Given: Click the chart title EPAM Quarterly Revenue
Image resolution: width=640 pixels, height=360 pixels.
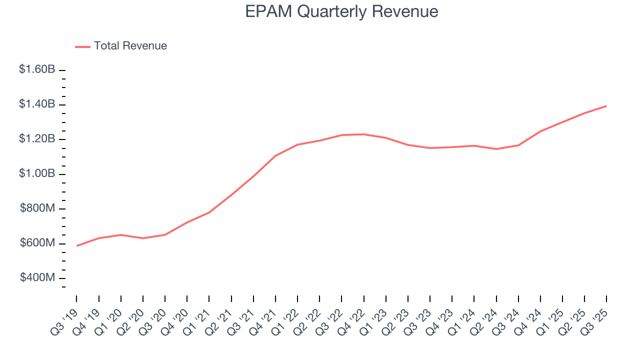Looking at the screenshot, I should pos(341,11).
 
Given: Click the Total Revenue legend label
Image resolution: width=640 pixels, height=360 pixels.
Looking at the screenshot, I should pos(130,46).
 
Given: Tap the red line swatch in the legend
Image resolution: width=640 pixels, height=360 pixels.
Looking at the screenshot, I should pos(82,46).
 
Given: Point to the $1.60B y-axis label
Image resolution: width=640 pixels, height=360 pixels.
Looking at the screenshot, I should pos(37,69).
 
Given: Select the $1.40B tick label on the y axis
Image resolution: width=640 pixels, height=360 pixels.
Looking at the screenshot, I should pos(37,104).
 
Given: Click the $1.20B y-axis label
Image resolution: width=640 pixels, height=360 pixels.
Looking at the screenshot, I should pos(37,139).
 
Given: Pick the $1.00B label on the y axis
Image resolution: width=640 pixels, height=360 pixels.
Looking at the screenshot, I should pos(37,173).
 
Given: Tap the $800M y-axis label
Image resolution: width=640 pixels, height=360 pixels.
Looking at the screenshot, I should pos(37,208).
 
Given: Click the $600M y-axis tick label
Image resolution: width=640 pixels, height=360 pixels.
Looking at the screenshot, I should pos(37,243).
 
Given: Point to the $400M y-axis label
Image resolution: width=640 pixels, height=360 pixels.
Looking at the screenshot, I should pos(37,277).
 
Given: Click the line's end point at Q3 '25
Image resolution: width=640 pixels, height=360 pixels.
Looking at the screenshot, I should pos(606,106).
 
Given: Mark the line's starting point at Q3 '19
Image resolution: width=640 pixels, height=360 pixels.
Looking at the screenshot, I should pos(77,245).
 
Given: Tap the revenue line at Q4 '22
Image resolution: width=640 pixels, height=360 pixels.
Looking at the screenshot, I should pos(363,134).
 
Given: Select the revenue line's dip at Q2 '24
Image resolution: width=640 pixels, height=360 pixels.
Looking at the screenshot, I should pos(496,149).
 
